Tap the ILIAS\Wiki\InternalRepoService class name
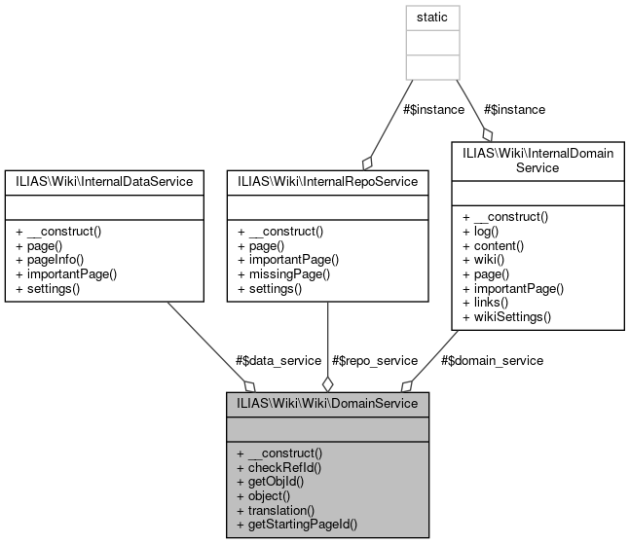(326, 180)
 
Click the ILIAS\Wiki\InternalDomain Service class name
(531, 160)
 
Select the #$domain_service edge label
(492, 359)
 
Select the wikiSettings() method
(506, 316)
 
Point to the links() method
(486, 302)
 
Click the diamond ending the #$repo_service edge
(327, 383)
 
